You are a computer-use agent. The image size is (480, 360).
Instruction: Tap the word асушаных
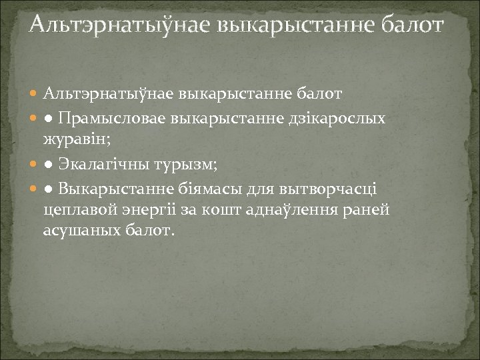(x=75, y=231)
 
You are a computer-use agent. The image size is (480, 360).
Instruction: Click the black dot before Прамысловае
(x=49, y=119)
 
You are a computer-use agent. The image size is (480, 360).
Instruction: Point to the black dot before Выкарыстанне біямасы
(x=49, y=189)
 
